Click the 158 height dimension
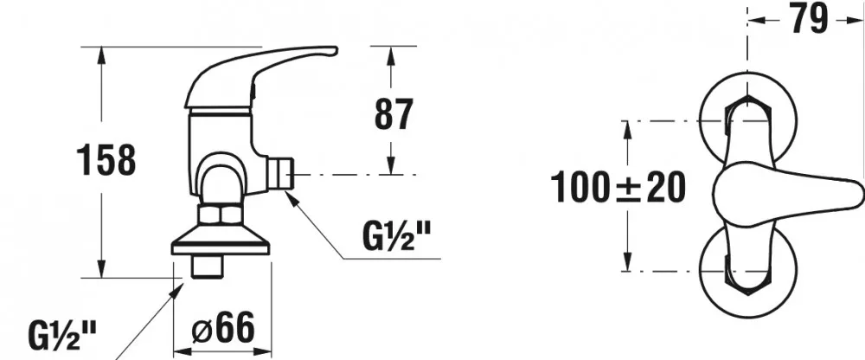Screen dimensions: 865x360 [106, 160]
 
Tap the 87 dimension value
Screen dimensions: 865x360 [394, 114]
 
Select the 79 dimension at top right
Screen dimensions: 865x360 [809, 18]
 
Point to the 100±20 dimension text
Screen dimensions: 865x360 [618, 187]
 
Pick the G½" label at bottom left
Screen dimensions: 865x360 [62, 335]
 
